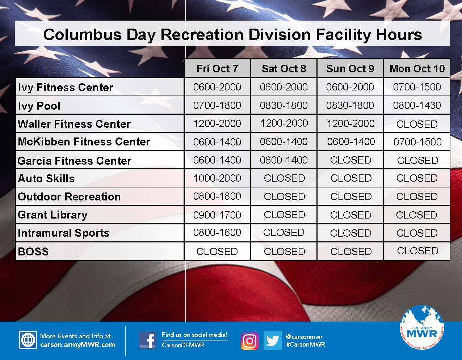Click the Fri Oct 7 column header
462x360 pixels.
click(217, 69)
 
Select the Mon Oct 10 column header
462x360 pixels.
click(417, 69)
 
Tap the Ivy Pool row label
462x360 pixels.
click(39, 106)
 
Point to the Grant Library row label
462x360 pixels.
click(52, 215)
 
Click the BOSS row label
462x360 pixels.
click(33, 251)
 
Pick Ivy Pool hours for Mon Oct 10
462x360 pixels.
click(417, 105)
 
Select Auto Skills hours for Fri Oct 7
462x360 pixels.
click(217, 178)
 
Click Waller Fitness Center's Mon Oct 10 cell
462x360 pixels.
click(417, 124)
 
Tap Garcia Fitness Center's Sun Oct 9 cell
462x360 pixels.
click(350, 160)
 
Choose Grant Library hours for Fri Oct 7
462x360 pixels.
click(217, 215)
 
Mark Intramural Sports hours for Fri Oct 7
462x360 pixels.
click(217, 232)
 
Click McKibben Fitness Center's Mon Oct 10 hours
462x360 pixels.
click(417, 142)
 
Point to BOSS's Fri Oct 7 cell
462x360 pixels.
click(217, 251)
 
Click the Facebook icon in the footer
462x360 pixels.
click(148, 340)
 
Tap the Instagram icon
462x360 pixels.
click(250, 341)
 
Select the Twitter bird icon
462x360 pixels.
click(272, 341)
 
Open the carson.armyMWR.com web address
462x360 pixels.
click(77, 345)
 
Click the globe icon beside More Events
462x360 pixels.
click(28, 340)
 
